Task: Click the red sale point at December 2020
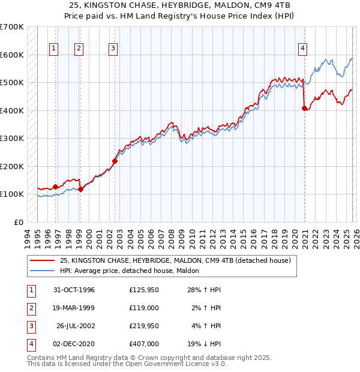coord(304,109)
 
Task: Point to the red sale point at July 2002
coord(115,161)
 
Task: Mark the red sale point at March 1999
coord(80,189)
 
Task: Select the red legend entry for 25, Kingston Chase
coord(175,260)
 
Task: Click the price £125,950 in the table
coord(143,290)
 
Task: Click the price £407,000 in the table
coord(143,344)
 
